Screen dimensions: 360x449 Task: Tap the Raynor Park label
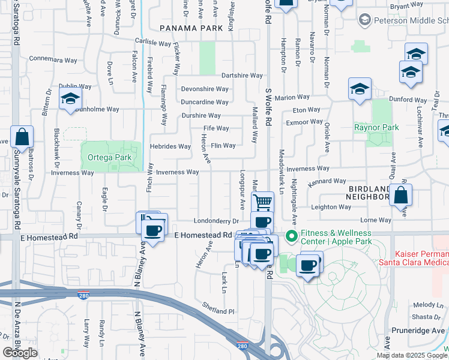click(x=376, y=127)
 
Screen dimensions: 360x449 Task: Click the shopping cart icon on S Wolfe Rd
click(x=262, y=202)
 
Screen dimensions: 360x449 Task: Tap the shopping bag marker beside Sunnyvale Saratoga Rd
click(x=22, y=137)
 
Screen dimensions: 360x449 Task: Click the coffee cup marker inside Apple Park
click(x=309, y=265)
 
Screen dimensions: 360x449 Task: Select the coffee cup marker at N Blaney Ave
click(x=154, y=230)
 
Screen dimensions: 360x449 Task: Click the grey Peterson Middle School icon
click(x=364, y=20)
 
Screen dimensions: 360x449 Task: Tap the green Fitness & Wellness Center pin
click(x=292, y=236)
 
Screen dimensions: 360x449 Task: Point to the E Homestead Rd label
click(x=203, y=235)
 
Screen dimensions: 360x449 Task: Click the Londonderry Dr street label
click(x=216, y=220)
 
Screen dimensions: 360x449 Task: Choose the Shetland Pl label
click(x=218, y=311)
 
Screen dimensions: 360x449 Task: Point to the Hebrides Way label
click(x=170, y=146)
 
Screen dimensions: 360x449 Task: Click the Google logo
click(x=20, y=353)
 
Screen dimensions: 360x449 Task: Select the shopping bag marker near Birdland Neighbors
click(x=400, y=195)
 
